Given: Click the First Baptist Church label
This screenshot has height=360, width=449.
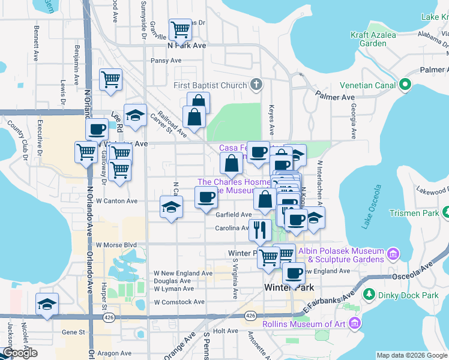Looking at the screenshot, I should pos(210,85).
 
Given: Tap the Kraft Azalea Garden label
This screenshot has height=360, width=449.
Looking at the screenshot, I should pos(376,39).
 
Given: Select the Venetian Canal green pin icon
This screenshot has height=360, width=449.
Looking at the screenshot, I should pos(405,85).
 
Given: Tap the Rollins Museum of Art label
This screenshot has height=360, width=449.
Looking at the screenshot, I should pos(304,325).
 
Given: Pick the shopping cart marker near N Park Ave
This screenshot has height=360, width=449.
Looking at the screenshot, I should pos(179,29).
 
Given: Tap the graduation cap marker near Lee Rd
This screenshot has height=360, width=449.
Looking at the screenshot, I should pos(136,115).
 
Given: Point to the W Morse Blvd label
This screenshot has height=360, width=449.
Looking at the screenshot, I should pos(116,245).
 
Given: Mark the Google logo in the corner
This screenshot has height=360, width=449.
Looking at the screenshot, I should pos(20,353).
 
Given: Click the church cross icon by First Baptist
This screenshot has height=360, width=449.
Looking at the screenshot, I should pos(256,84).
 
